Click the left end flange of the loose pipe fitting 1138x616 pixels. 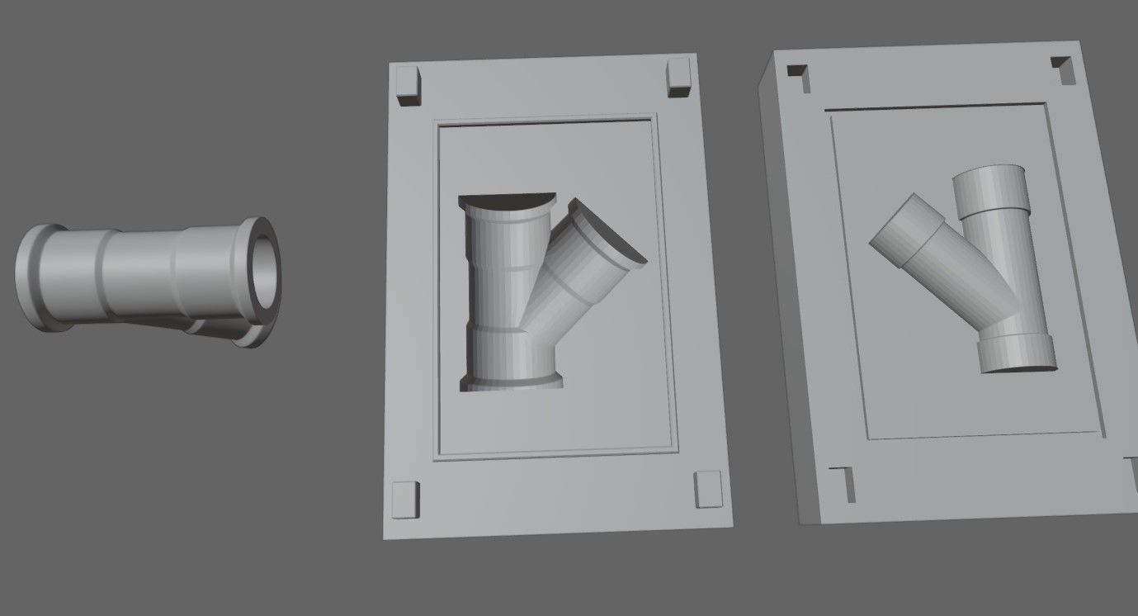tap(31, 277)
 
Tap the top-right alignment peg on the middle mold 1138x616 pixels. tap(678, 77)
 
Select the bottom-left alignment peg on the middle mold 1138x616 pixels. tap(405, 498)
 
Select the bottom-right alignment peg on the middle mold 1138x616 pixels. tap(707, 489)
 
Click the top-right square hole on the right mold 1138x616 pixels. tap(1063, 67)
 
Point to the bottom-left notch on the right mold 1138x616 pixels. tap(842, 482)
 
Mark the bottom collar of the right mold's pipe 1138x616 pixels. tap(1017, 353)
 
